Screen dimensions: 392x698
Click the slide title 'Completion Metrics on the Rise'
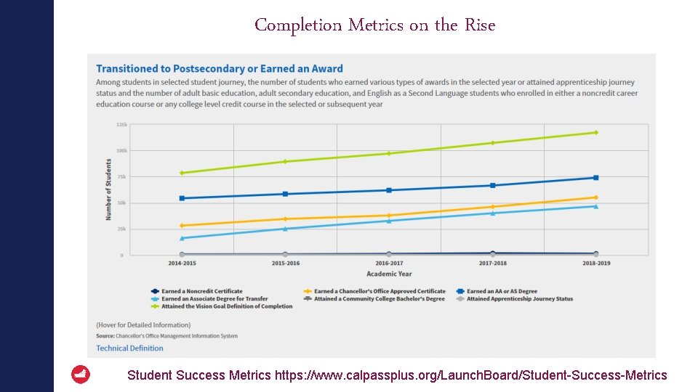pyautogui.click(x=374, y=25)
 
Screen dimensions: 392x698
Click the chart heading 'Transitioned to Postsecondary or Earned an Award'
pyautogui.click(x=219, y=69)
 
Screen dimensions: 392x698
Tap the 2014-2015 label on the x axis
pyautogui.click(x=182, y=263)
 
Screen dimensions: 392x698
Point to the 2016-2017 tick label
pyautogui.click(x=389, y=263)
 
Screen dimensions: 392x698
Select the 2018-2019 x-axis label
pyautogui.click(x=595, y=263)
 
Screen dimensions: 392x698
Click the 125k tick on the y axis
pyautogui.click(x=121, y=125)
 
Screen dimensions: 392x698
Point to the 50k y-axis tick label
pyautogui.click(x=122, y=203)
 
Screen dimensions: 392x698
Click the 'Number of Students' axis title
pyautogui.click(x=109, y=189)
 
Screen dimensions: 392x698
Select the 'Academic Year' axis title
pyautogui.click(x=389, y=274)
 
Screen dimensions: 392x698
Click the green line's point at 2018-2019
pyautogui.click(x=595, y=132)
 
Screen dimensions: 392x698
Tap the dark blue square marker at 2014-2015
pyautogui.click(x=182, y=198)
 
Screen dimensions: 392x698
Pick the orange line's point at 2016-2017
pyautogui.click(x=389, y=216)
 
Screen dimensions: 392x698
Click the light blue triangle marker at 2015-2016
pyautogui.click(x=285, y=229)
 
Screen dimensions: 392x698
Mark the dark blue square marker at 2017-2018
pyautogui.click(x=492, y=185)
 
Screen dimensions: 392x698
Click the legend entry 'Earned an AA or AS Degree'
pyautogui.click(x=502, y=291)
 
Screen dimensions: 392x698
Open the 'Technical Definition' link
pyautogui.click(x=129, y=348)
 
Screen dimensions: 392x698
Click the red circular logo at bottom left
pyautogui.click(x=81, y=375)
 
